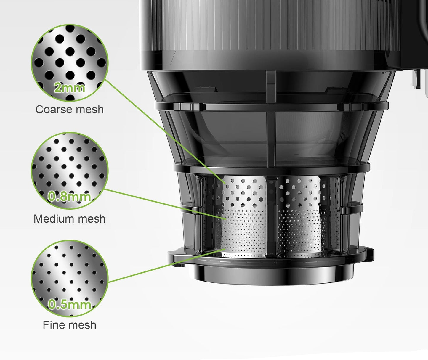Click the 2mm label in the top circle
coord(70,88)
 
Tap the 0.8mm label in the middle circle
coord(69,197)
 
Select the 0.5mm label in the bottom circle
coord(70,304)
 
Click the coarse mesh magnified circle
coord(70,63)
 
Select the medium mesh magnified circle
coord(70,171)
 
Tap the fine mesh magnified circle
coord(70,279)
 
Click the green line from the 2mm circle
coord(165,131)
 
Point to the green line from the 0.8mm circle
coord(165,204)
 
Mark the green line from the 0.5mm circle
coord(166,266)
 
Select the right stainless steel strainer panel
coord(299,217)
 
